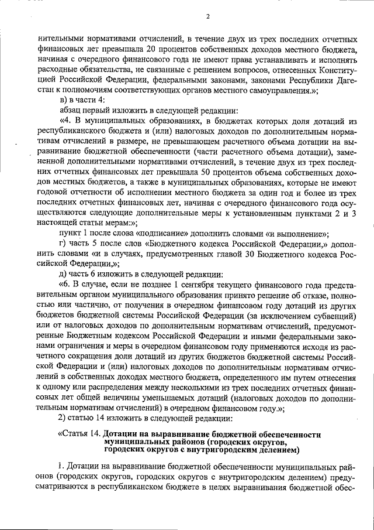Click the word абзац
(71, 111)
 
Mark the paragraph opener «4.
(65, 121)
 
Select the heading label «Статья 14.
(79, 435)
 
